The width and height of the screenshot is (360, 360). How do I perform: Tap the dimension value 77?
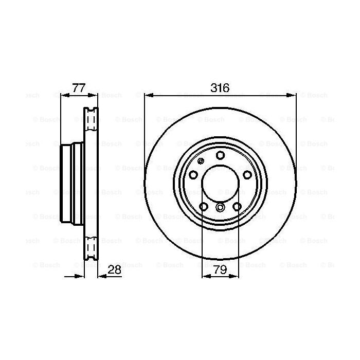pyautogui.click(x=78, y=87)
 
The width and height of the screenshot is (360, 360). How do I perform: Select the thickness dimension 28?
pyautogui.click(x=115, y=269)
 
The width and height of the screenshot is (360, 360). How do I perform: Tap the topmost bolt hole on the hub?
pyautogui.click(x=220, y=155)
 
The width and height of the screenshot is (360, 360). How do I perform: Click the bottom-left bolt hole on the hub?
pyautogui.click(x=203, y=207)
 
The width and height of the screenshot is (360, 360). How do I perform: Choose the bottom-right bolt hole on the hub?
pyautogui.click(x=237, y=207)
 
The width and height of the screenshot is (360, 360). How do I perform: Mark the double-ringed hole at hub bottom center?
pyautogui.click(x=220, y=208)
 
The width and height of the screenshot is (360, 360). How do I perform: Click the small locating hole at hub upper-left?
pyautogui.click(x=199, y=161)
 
